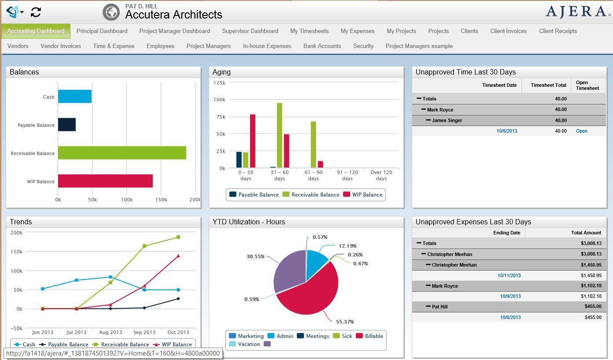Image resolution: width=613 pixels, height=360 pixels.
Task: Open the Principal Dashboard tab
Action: pyautogui.click(x=102, y=31)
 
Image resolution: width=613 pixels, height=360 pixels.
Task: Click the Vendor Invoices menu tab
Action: pyautogui.click(x=61, y=46)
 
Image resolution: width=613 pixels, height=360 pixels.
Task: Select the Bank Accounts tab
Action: pyautogui.click(x=322, y=46)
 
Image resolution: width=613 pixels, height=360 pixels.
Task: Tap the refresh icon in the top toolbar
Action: pyautogui.click(x=36, y=12)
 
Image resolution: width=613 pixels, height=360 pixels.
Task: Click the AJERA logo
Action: pyautogui.click(x=575, y=12)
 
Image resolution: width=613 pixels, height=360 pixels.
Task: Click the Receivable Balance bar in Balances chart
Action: pyautogui.click(x=122, y=153)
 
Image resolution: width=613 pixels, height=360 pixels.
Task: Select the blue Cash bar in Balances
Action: pyautogui.click(x=75, y=96)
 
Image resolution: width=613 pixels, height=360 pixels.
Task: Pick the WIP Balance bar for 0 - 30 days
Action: pyautogui.click(x=253, y=141)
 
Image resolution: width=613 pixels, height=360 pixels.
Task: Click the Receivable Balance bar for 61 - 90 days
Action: pyautogui.click(x=314, y=145)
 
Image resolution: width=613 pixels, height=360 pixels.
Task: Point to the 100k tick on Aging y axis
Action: pyautogui.click(x=219, y=100)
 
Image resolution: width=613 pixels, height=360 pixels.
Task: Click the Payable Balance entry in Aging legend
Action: pyautogui.click(x=254, y=195)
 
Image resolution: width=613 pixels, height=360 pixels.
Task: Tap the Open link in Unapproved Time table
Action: pyautogui.click(x=581, y=131)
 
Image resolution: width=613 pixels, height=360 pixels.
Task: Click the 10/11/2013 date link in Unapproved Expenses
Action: pyautogui.click(x=509, y=275)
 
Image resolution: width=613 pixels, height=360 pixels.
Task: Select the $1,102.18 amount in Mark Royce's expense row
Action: pyautogui.click(x=591, y=286)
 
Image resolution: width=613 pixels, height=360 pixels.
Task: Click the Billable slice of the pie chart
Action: pyautogui.click(x=308, y=291)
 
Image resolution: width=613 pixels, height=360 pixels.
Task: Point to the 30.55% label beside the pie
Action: pyautogui.click(x=255, y=256)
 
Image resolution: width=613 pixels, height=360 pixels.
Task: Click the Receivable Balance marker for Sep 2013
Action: pyautogui.click(x=144, y=246)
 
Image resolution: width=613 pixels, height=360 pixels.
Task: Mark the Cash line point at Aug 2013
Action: pyautogui.click(x=110, y=277)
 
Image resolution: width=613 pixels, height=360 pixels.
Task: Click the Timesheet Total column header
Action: pyautogui.click(x=548, y=85)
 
